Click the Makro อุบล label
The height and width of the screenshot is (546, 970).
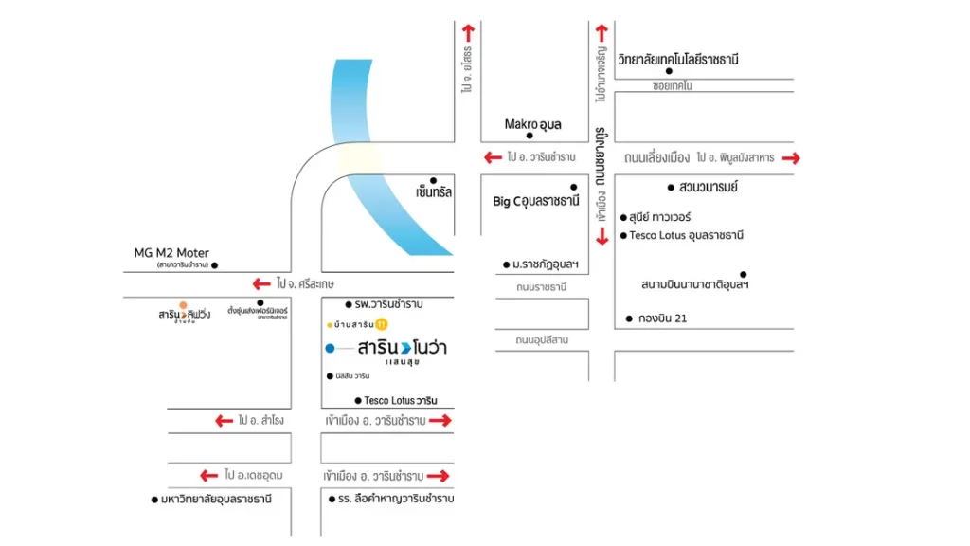532,124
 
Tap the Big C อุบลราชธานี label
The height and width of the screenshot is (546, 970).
536,202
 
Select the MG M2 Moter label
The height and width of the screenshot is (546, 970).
171,253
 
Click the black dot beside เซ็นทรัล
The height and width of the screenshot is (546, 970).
433,180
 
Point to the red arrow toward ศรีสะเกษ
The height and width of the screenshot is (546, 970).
261,283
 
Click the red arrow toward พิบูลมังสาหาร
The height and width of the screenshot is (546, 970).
791,157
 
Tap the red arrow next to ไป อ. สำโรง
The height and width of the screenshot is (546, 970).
225,420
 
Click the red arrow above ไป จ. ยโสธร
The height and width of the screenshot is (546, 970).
466,32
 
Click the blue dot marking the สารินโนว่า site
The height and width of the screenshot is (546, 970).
330,348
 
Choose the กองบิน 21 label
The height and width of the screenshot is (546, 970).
662,318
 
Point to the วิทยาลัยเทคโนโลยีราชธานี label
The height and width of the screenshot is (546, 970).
677,60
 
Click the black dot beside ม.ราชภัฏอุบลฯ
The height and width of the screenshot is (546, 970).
506,264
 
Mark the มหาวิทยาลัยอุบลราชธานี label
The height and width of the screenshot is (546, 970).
216,499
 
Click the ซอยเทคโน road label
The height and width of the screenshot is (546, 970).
673,85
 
